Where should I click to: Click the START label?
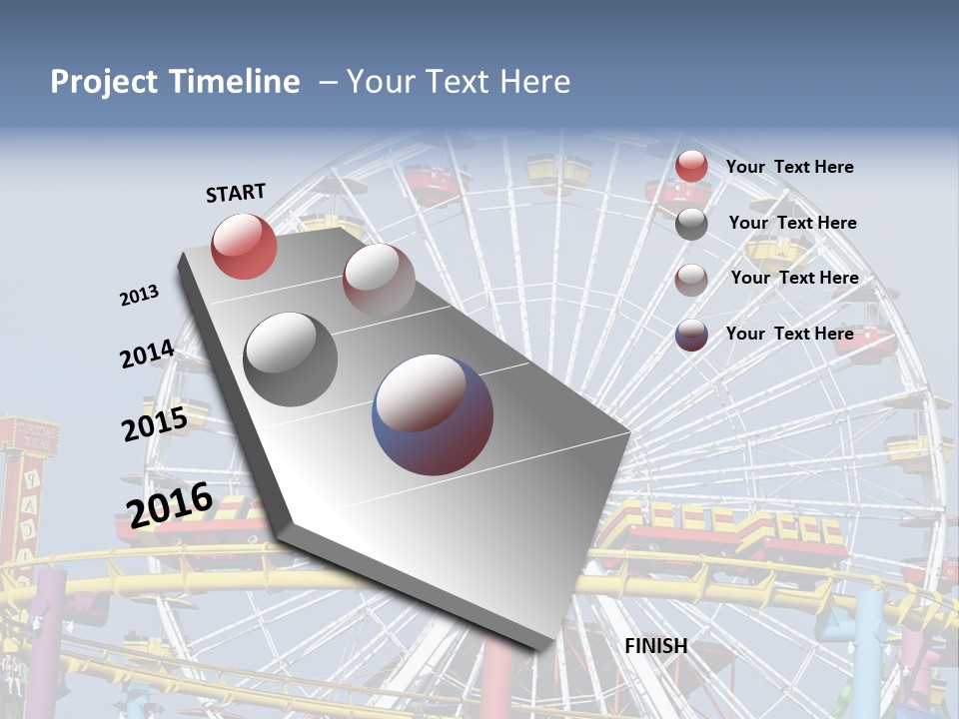click(236, 193)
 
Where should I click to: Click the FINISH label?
click(656, 646)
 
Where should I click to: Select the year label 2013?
click(140, 295)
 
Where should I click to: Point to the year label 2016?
click(170, 504)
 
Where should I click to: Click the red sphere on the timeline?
click(244, 246)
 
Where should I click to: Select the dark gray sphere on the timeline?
click(291, 359)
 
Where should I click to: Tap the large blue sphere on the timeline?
click(433, 414)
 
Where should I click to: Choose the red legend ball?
click(691, 167)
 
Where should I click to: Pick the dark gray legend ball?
click(691, 224)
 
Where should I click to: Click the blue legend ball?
click(691, 335)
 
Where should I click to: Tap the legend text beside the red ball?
click(790, 167)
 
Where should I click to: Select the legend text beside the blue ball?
click(790, 334)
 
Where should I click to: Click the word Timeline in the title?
click(236, 82)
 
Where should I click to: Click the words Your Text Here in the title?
click(459, 82)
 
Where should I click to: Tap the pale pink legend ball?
click(691, 280)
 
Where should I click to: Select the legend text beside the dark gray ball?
click(793, 223)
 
